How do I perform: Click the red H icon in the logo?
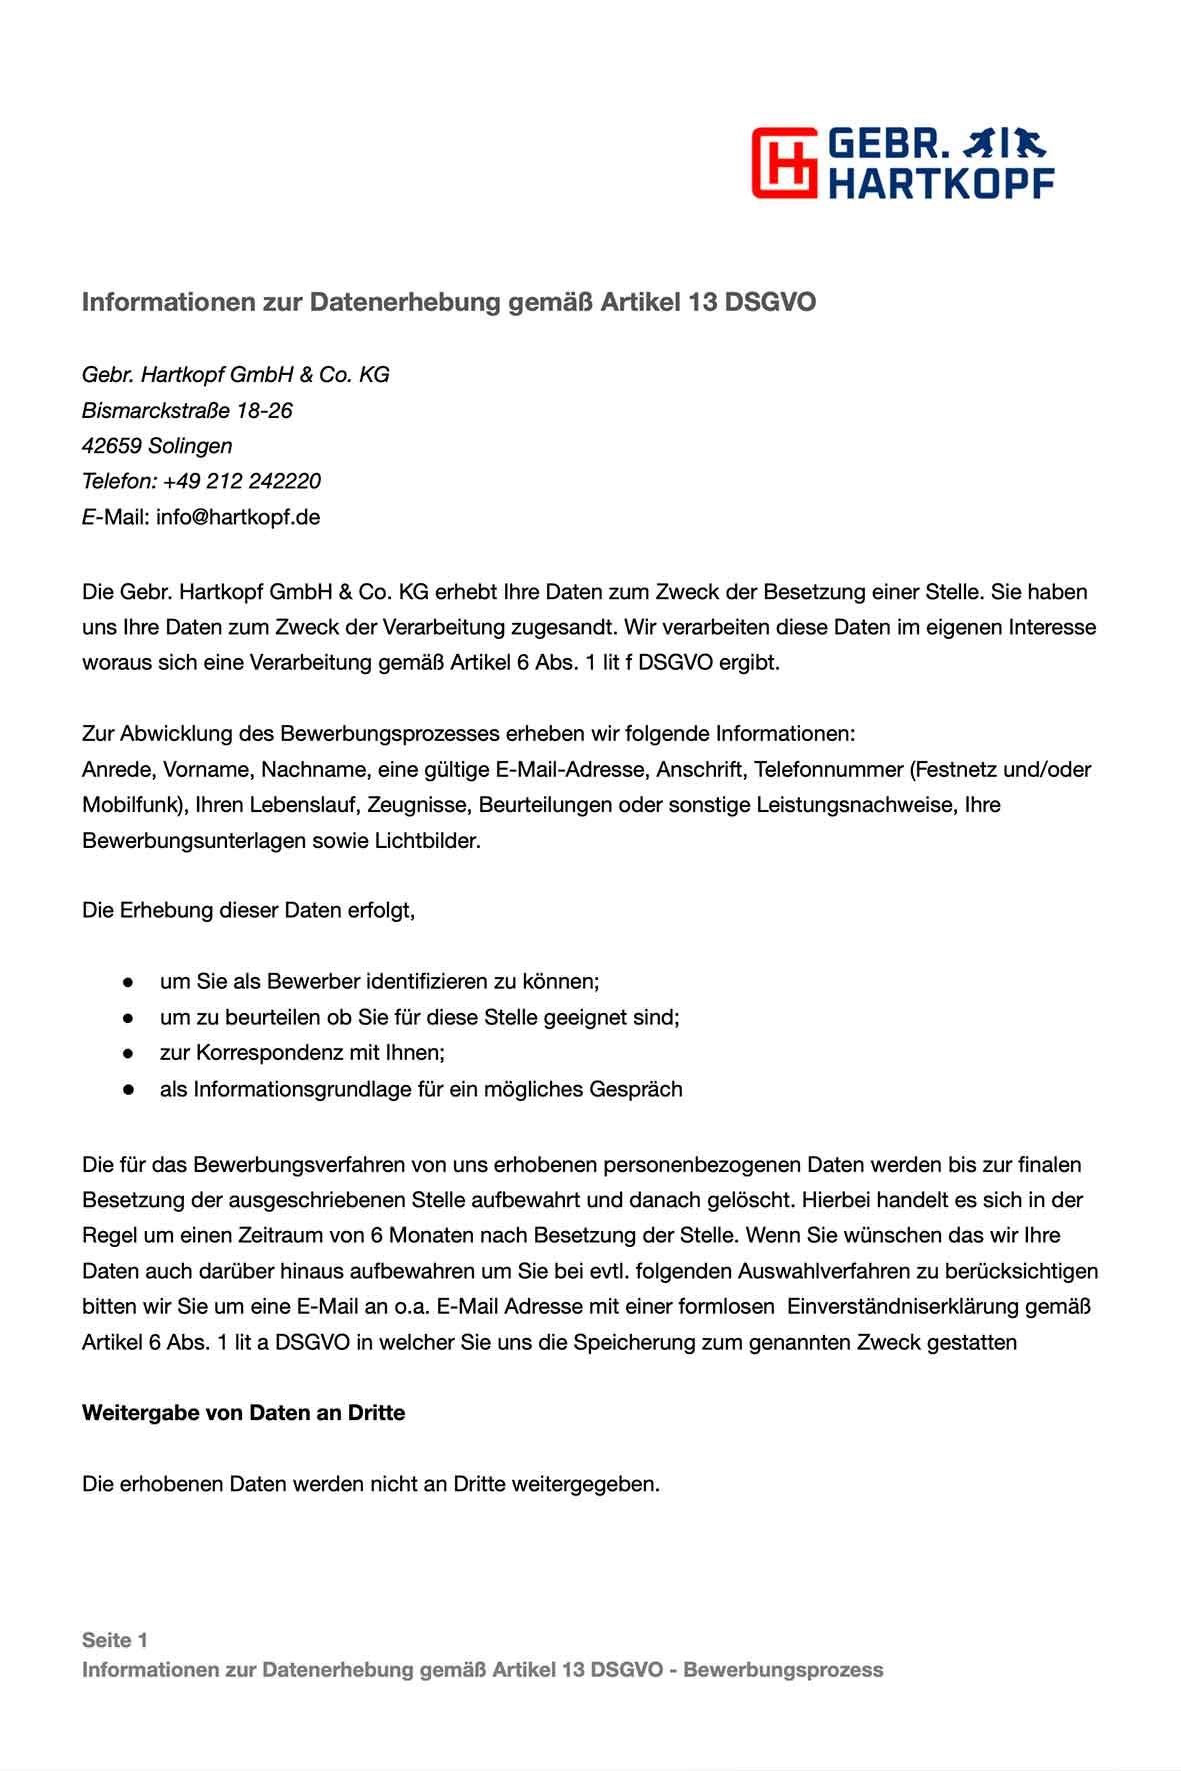coord(786,162)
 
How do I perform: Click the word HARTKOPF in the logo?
coord(941,183)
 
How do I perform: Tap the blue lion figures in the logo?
coord(1003,145)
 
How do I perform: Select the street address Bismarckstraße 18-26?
coord(187,411)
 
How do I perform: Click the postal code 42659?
coord(110,446)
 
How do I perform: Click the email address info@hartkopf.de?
coord(238,518)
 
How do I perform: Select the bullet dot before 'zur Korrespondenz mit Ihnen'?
coord(128,1054)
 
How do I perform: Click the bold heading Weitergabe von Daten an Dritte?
coord(243,1413)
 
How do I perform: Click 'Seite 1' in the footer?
coord(114,1640)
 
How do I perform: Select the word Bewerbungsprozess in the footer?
coord(783,1670)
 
